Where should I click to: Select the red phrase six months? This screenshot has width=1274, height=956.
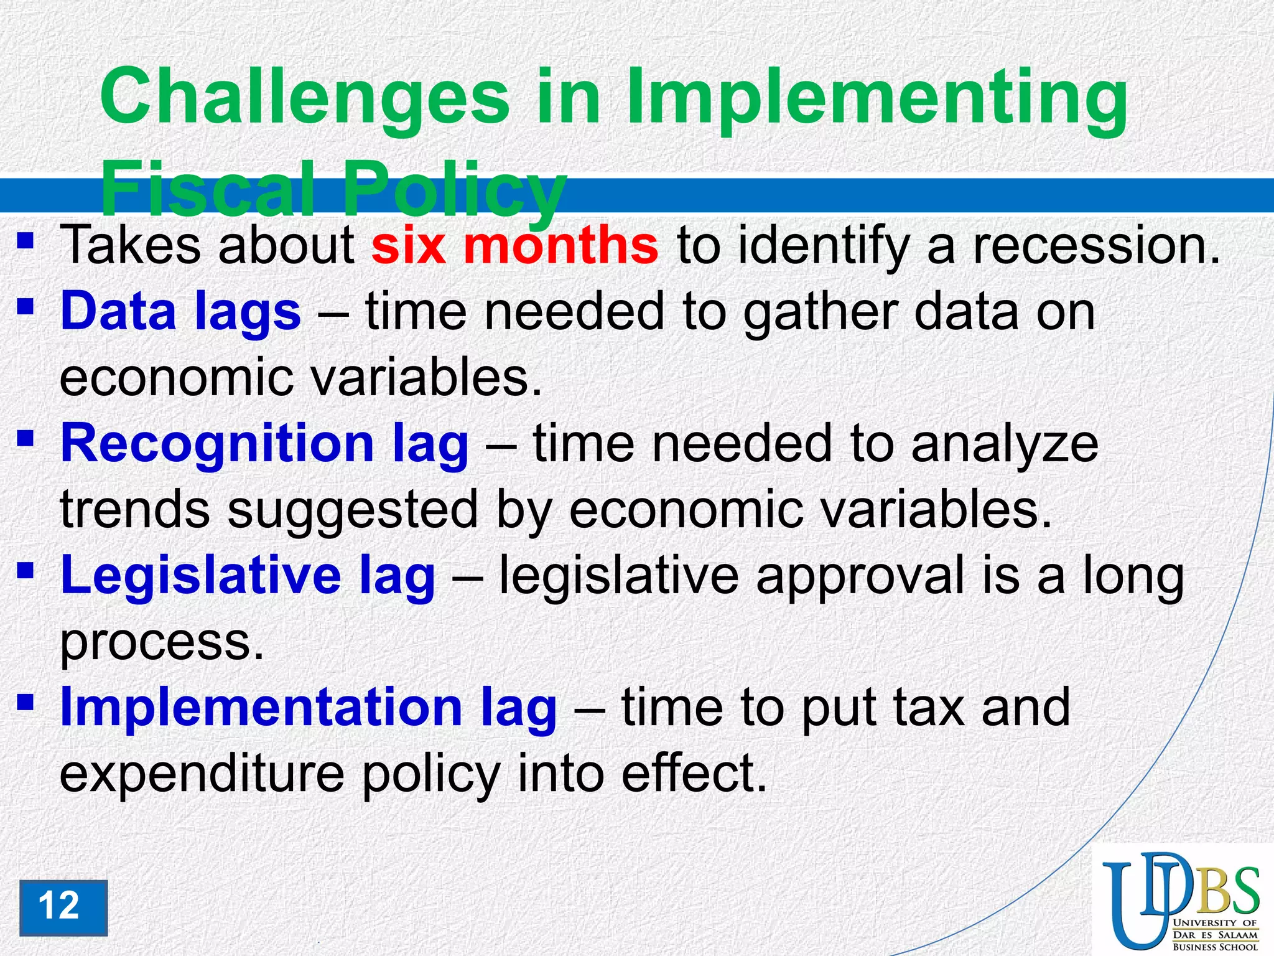pyautogui.click(x=514, y=245)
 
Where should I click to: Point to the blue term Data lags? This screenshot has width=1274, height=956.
pyautogui.click(x=180, y=312)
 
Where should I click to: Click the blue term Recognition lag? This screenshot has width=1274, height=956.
pyautogui.click(x=264, y=444)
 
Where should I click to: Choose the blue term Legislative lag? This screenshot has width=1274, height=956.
pyautogui.click(x=248, y=576)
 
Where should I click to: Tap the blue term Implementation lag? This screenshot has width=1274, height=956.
pyautogui.click(x=308, y=708)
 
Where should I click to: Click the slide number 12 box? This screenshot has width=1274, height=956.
pyautogui.click(x=63, y=907)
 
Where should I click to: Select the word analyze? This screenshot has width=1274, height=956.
pyautogui.click(x=1005, y=444)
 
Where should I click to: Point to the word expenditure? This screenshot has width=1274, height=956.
pyautogui.click(x=202, y=774)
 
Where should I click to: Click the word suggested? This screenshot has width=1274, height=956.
pyautogui.click(x=353, y=510)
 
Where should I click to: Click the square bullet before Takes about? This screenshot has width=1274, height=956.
pyautogui.click(x=25, y=240)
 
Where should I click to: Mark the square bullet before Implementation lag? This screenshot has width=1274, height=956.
pyautogui.click(x=25, y=702)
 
